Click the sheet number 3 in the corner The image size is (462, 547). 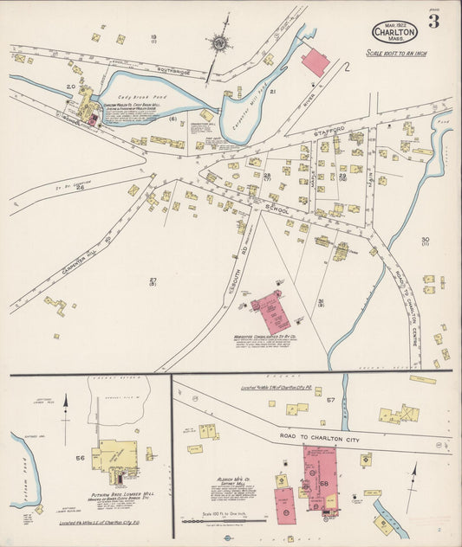point(433,22)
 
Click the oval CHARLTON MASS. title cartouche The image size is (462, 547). point(394,33)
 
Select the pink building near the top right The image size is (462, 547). point(315,62)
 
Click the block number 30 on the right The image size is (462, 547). point(425,240)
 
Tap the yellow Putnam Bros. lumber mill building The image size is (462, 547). point(117,454)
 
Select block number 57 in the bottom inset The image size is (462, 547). point(330,400)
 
